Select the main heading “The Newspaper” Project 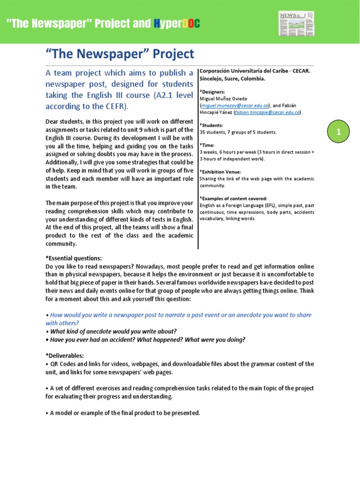[x=120, y=54]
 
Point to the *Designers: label [x=212, y=92]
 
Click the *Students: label [x=211, y=125]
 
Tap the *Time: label [x=208, y=145]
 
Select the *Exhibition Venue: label [x=220, y=172]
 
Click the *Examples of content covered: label [x=233, y=199]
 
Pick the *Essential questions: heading [x=74, y=258]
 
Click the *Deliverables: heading [x=65, y=356]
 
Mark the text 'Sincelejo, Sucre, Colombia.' [x=232, y=79]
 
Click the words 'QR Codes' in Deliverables [x=63, y=364]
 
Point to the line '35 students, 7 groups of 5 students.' [x=238, y=132]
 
